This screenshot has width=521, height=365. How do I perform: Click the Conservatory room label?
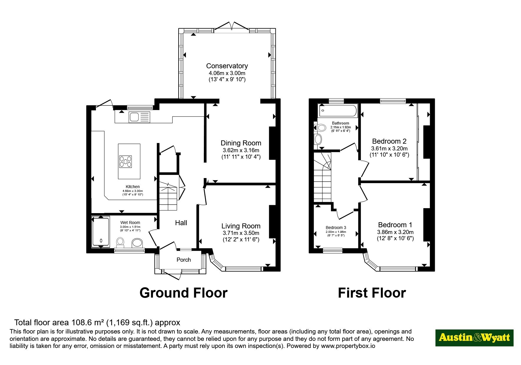tap(227, 66)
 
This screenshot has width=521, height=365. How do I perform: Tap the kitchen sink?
tap(139, 117)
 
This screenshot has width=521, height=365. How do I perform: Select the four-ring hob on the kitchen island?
tap(125, 161)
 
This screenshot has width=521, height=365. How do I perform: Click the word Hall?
tap(181, 223)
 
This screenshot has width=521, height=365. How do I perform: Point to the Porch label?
tap(184, 260)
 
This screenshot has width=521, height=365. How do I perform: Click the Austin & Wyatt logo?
tap(474, 338)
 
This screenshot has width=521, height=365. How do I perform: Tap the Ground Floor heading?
tap(183, 293)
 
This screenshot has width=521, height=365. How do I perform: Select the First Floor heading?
tap(372, 293)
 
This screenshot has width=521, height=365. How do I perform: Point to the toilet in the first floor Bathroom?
tap(321, 128)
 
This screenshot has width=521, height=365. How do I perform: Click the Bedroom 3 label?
tap(336, 228)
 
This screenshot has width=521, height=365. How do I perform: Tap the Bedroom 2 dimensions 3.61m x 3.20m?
tap(389, 149)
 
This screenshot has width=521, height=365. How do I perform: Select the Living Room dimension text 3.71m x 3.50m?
tap(241, 233)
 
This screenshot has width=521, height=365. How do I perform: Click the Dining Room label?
tap(241, 143)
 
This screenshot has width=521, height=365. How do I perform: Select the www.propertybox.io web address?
tap(348, 346)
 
